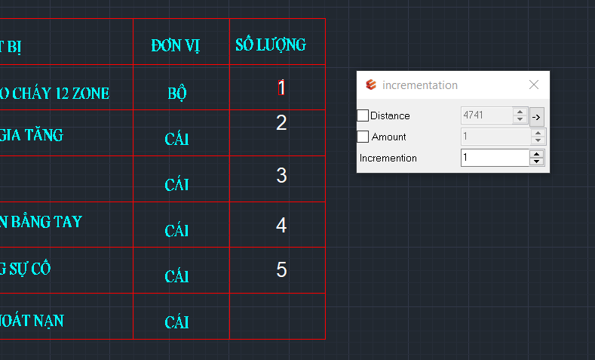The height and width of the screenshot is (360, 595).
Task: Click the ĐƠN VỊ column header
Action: pos(175,45)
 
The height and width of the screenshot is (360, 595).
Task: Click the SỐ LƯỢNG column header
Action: pos(271,45)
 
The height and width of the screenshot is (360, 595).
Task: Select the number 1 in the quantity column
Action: pos(281,88)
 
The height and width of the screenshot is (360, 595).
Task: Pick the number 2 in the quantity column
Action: pos(281,123)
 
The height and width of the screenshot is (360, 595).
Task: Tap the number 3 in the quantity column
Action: pos(281,175)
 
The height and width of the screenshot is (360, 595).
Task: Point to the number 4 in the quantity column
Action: pos(281,225)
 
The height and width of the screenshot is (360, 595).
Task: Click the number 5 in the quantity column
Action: pos(281,269)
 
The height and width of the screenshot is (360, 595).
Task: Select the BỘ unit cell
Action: pos(177,93)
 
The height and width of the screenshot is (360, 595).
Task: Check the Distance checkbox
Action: pos(363,115)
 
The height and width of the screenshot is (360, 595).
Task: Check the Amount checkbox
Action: pos(363,137)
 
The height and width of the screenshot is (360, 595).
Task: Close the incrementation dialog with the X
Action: pos(534,85)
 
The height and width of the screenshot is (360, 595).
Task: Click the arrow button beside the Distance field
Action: pos(537,117)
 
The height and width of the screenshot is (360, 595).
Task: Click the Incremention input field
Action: pos(495,158)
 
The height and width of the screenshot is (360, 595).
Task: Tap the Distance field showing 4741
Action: pos(487,115)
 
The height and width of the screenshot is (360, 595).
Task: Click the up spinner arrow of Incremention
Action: pos(537,154)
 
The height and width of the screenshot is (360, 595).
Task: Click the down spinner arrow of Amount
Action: pos(538,140)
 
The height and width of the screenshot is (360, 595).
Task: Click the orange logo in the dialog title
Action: pos(371,85)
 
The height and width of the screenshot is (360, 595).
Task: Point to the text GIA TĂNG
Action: pos(31,135)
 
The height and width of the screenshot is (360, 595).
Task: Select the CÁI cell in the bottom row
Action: pos(176,322)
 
